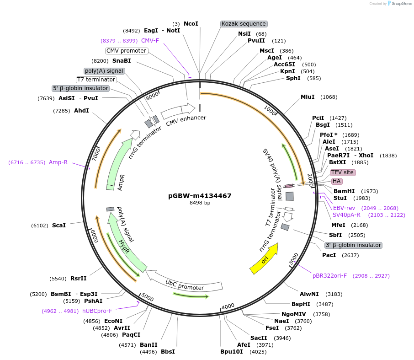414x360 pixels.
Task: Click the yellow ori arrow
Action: (264, 259)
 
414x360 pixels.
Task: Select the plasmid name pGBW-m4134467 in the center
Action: (200, 196)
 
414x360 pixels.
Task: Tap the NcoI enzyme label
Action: (191, 23)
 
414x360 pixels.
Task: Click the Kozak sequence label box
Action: (244, 24)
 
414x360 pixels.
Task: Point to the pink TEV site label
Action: (342, 172)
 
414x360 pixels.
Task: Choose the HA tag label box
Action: (337, 181)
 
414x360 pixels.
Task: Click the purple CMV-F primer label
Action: (150, 41)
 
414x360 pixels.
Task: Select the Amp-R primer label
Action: (58, 162)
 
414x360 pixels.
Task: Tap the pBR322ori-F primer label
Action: (329, 276)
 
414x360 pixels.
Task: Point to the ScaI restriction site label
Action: (58, 226)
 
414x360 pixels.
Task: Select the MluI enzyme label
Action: (308, 97)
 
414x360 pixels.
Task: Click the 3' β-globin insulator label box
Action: (353, 245)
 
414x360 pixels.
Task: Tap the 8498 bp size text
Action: (200, 203)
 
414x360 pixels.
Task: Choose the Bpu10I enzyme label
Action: (231, 352)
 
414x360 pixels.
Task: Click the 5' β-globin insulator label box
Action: (81, 88)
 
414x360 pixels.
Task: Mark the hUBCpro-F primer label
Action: (97, 311)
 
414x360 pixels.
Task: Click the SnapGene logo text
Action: (399, 4)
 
